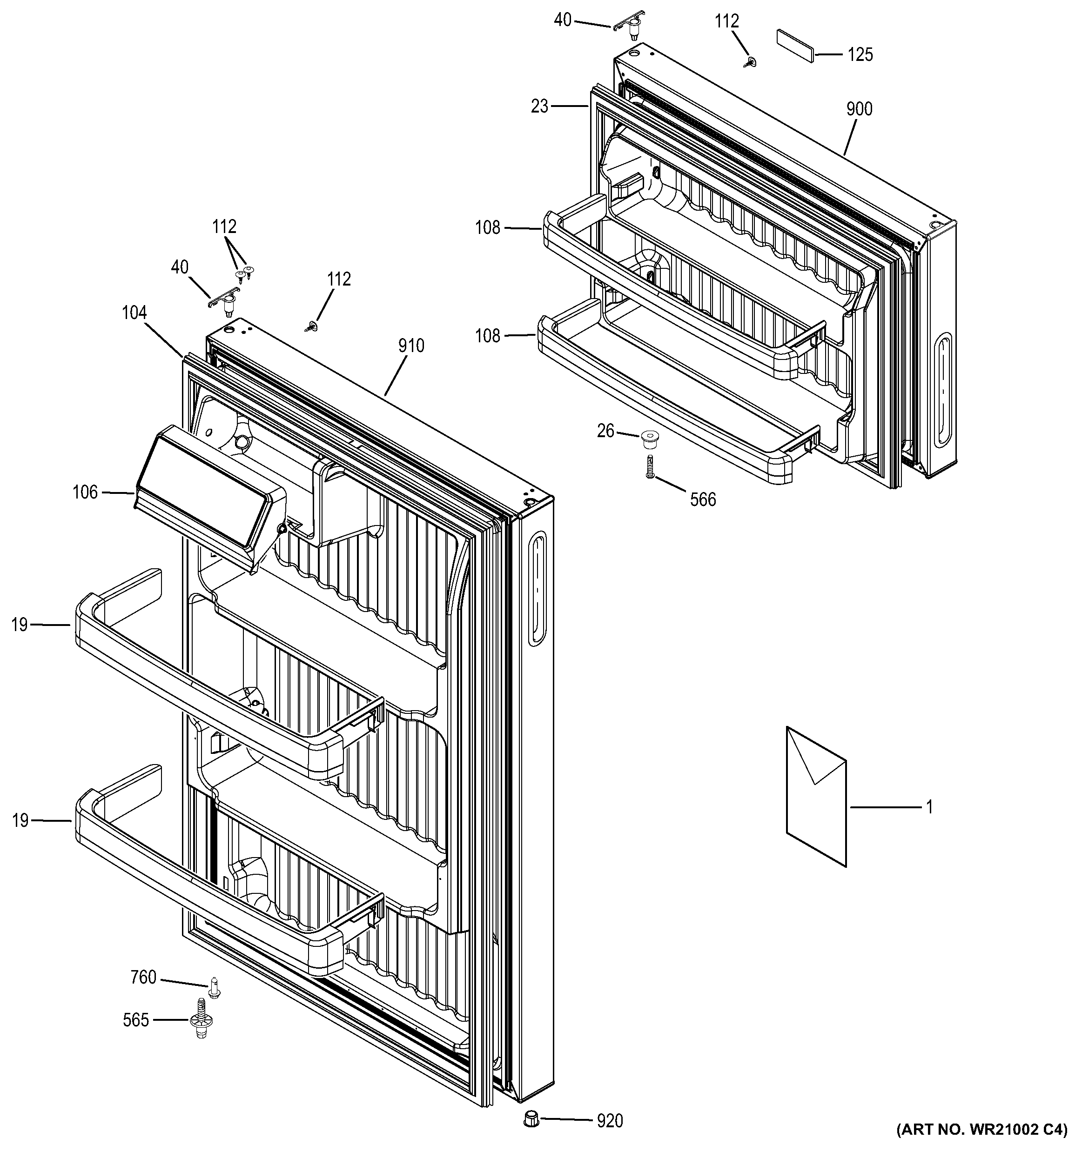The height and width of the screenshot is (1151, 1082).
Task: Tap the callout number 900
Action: (x=859, y=109)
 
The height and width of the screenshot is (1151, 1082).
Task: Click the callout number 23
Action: (x=539, y=106)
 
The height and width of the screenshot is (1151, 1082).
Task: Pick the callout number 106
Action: (x=85, y=492)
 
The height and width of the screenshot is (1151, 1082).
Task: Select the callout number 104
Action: (x=134, y=313)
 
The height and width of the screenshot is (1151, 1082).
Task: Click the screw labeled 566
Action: (x=650, y=466)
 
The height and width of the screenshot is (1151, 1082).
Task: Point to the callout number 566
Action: (x=703, y=499)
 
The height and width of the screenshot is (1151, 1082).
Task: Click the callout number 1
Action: (x=929, y=807)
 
